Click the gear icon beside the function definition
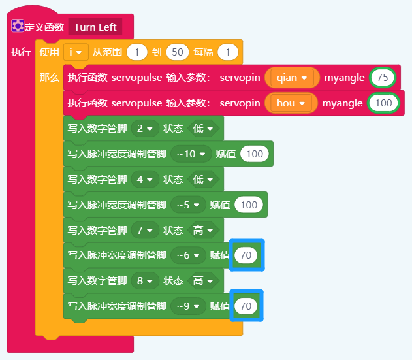[18, 27]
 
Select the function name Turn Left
[95, 27]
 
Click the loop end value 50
[177, 52]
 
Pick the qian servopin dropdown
[291, 78]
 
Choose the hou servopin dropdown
[291, 103]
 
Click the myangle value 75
[383, 78]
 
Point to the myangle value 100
[383, 103]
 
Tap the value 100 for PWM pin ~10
[254, 154]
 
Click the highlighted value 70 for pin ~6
[246, 255]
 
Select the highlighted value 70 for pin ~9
[246, 306]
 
